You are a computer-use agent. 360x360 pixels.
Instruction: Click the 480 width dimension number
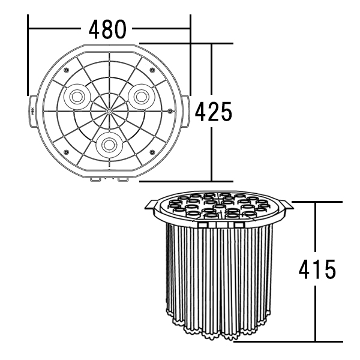pyautogui.click(x=107, y=29)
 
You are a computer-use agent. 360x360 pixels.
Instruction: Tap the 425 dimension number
pyautogui.click(x=214, y=112)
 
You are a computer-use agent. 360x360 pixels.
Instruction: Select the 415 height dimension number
pyautogui.click(x=317, y=269)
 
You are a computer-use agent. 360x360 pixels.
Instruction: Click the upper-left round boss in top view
pyautogui.click(x=76, y=97)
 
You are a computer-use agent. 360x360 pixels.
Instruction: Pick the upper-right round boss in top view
pyautogui.click(x=141, y=97)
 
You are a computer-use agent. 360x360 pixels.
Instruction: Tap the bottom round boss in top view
pyautogui.click(x=109, y=145)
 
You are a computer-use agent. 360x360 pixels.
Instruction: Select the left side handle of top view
pyautogui.click(x=32, y=111)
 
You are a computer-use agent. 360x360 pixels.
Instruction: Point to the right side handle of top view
pyautogui.click(x=185, y=111)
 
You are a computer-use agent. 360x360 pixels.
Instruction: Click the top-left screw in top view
pyautogui.click(x=67, y=70)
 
